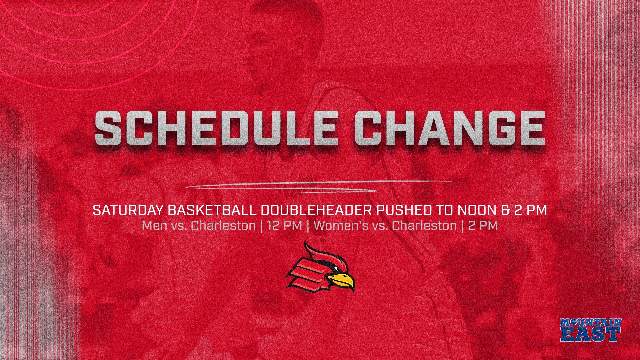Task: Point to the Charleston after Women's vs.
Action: (x=424, y=226)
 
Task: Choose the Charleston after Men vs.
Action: (x=223, y=226)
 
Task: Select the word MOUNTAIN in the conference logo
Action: (x=591, y=322)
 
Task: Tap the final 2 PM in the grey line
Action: (x=483, y=226)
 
